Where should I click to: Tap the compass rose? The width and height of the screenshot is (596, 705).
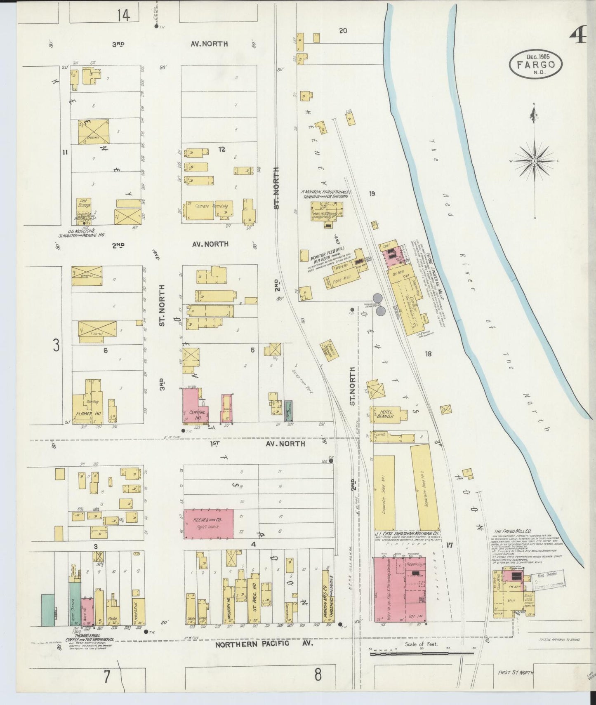click(535, 161)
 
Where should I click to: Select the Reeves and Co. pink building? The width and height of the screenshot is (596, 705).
click(208, 524)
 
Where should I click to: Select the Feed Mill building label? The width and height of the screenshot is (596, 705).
click(342, 279)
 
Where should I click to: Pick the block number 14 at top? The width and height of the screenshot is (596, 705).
click(123, 15)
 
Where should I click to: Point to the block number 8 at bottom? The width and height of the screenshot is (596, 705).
click(318, 676)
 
